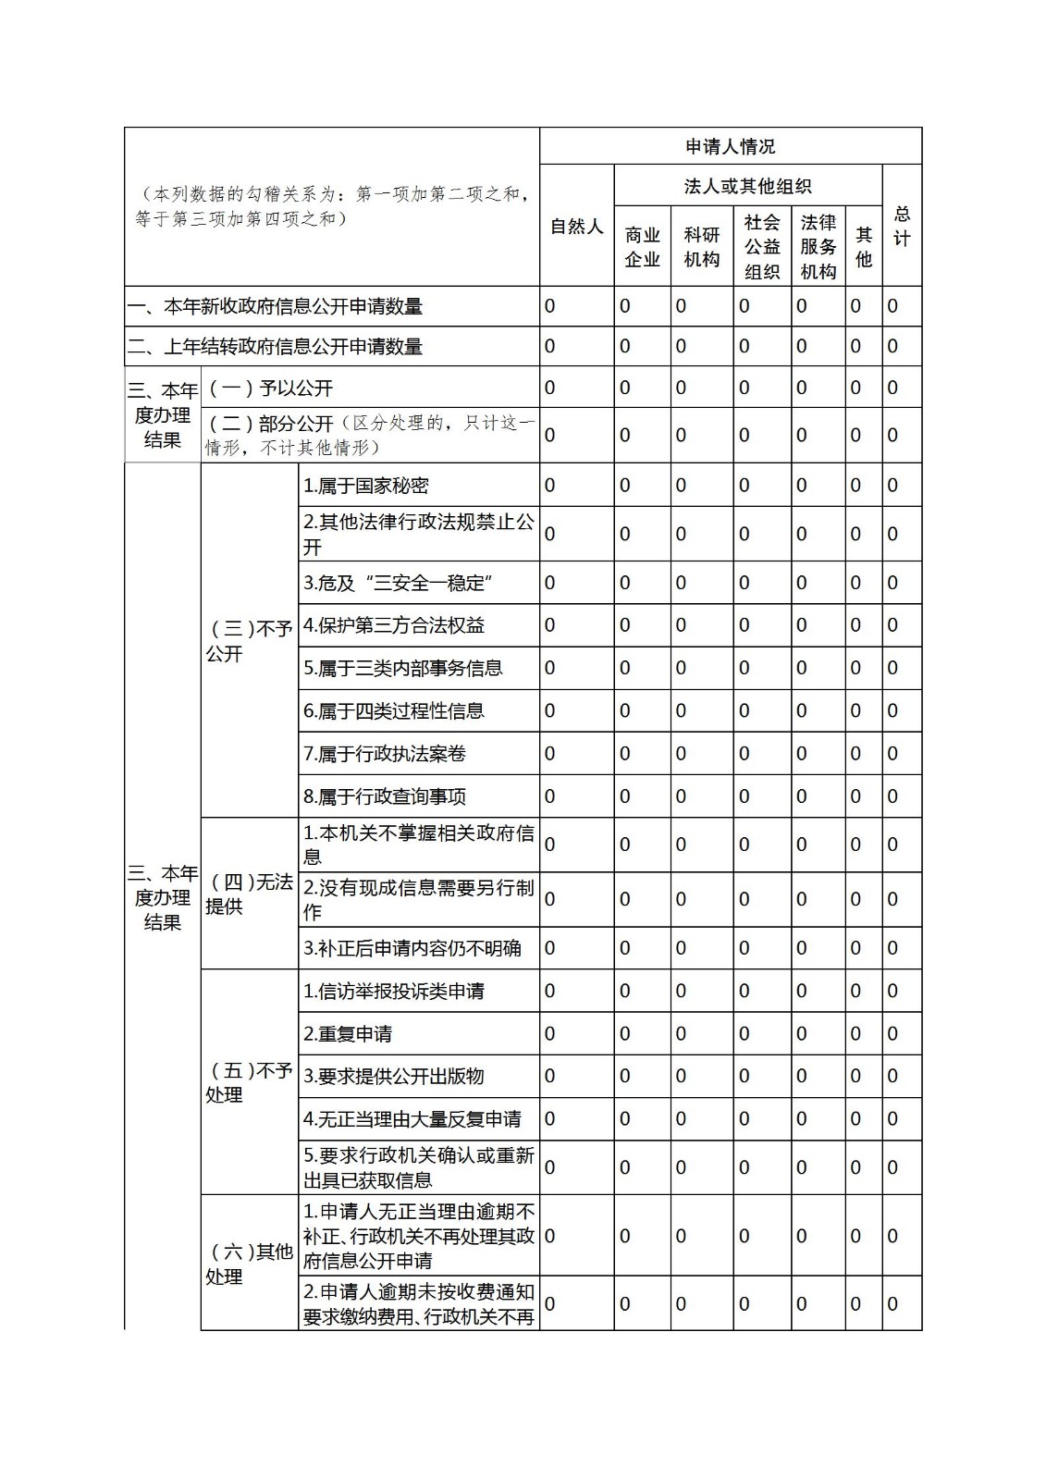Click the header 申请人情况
(730, 146)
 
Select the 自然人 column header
(576, 227)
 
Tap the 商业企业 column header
(642, 247)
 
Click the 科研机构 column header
(701, 247)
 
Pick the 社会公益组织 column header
(762, 247)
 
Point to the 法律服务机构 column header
(818, 247)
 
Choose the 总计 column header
(902, 227)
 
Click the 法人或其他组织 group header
(747, 186)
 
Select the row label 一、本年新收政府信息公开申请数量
(275, 306)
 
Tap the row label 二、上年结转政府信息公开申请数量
(275, 347)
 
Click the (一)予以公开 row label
(270, 388)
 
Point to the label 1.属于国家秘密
(366, 486)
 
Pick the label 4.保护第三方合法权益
(394, 626)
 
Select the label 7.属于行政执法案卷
(385, 754)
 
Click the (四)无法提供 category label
(248, 894)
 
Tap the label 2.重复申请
(348, 1034)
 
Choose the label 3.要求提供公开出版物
(394, 1077)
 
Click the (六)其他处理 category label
(248, 1264)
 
